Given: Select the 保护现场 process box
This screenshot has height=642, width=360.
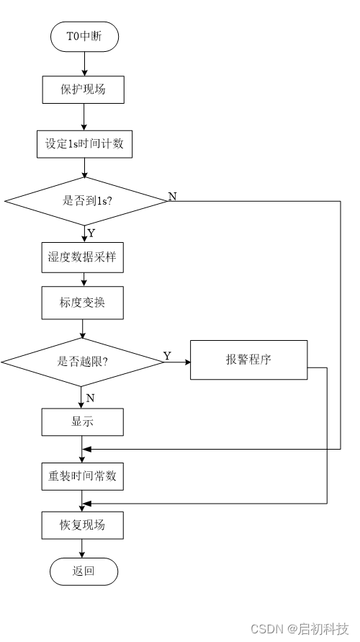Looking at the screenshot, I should pyautogui.click(x=84, y=90).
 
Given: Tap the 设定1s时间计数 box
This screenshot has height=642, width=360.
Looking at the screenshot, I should pyautogui.click(x=84, y=143).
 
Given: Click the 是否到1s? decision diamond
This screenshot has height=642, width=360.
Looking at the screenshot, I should pyautogui.click(x=85, y=201).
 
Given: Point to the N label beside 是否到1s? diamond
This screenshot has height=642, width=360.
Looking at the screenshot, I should pyautogui.click(x=172, y=197).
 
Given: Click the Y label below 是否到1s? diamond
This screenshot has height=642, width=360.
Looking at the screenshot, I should pyautogui.click(x=91, y=233).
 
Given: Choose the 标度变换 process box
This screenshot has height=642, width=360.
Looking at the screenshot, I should pyautogui.click(x=82, y=303).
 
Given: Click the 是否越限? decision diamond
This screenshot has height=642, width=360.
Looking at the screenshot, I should pyautogui.click(x=83, y=361).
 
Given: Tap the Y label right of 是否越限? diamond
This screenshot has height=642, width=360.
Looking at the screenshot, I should pyautogui.click(x=167, y=356).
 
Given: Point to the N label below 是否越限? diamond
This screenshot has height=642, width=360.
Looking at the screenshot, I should pyautogui.click(x=90, y=397).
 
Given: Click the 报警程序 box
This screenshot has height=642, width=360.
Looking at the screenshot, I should pyautogui.click(x=248, y=360).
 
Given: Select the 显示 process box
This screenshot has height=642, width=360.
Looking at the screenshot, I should pyautogui.click(x=82, y=422).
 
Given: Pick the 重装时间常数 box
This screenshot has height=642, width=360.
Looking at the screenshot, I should pyautogui.click(x=82, y=476).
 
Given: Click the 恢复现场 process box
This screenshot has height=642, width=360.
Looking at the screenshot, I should pyautogui.click(x=82, y=525).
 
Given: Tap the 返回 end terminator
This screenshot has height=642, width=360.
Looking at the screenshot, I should pyautogui.click(x=84, y=571).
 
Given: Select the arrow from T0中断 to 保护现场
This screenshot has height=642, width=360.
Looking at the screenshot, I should pyautogui.click(x=84, y=63).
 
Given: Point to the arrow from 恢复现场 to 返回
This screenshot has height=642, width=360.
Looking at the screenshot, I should pyautogui.click(x=83, y=548).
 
